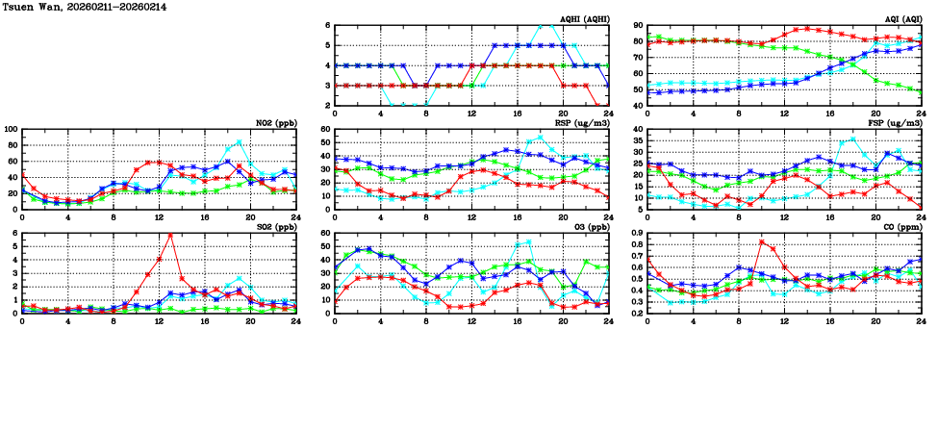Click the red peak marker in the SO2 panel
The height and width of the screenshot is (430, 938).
(x=170, y=235)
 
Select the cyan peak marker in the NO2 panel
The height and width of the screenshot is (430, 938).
(x=239, y=142)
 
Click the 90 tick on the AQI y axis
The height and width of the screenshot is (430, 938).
(x=638, y=26)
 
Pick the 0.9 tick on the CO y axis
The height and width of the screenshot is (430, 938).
(x=636, y=233)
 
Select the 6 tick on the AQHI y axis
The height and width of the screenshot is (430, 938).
(x=327, y=26)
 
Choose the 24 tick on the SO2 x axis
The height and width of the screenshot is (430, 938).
(x=295, y=320)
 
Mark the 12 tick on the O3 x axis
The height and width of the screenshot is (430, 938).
(x=471, y=320)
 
